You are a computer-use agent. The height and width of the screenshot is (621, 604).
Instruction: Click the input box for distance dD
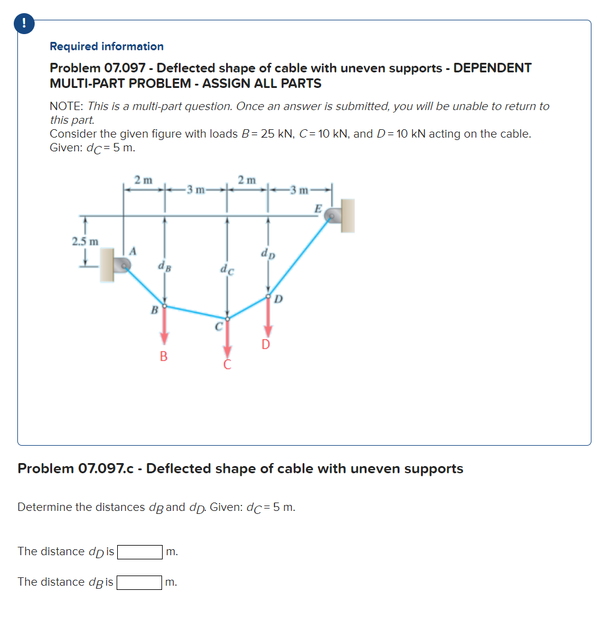pos(140,552)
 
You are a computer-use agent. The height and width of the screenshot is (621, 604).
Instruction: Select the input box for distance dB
pos(140,582)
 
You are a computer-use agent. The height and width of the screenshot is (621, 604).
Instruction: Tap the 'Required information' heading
pos(106,47)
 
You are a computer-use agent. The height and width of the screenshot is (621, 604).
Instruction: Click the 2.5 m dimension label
pos(84,242)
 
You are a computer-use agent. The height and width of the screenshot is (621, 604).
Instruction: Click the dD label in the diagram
pos(268,253)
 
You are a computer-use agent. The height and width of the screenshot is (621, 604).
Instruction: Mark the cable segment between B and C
pos(195,312)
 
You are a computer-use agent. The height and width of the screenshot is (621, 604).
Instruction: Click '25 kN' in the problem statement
pos(268,133)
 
